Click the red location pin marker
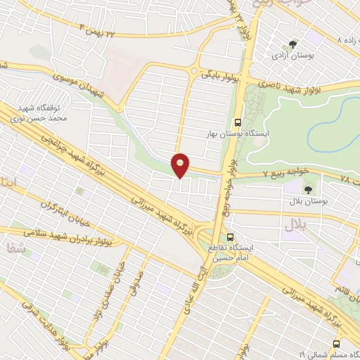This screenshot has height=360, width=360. pos(181,165)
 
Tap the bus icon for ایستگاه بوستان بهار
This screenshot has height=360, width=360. pos(238,121)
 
